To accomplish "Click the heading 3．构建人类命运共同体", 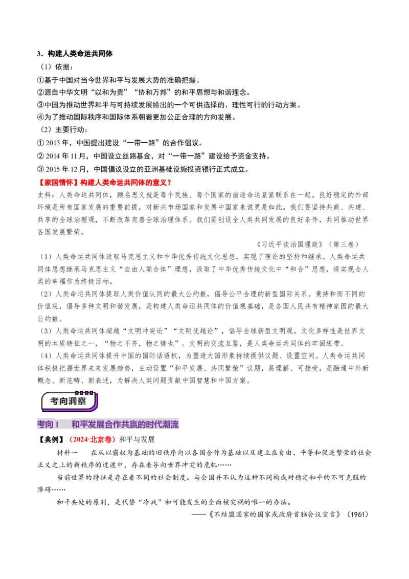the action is coord(75,54).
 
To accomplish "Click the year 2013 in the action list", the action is coord(53,143).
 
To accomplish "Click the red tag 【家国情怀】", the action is coord(58,183).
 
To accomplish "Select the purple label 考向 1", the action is coord(48,425).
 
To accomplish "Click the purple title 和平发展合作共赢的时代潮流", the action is coord(125,425).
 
